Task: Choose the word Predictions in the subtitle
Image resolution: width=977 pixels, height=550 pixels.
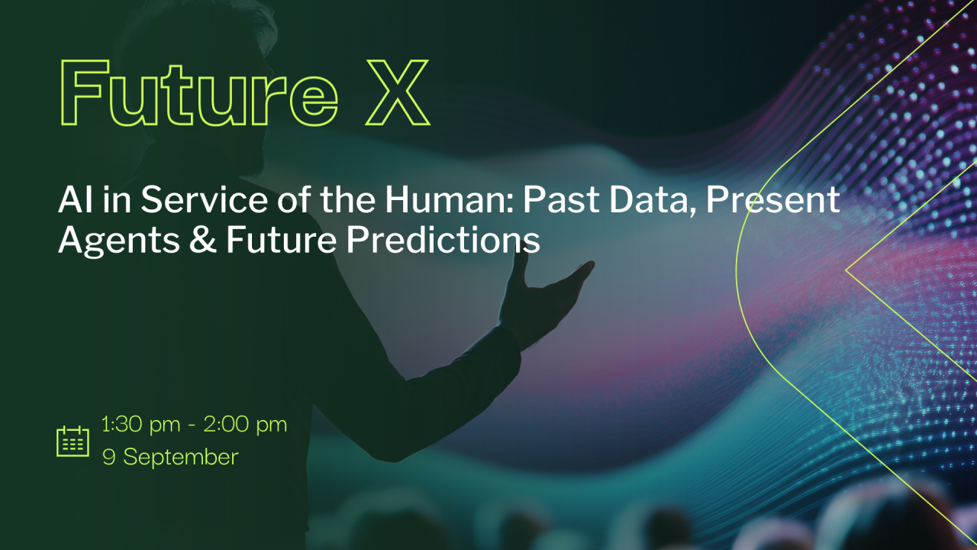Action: (443, 241)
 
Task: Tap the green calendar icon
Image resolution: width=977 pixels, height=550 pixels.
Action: (73, 441)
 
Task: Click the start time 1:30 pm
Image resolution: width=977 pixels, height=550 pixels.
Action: (139, 425)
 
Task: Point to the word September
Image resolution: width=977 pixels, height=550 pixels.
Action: (181, 458)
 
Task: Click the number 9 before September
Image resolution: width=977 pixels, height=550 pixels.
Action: (109, 458)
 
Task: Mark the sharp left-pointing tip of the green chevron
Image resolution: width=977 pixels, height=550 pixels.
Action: (847, 270)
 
